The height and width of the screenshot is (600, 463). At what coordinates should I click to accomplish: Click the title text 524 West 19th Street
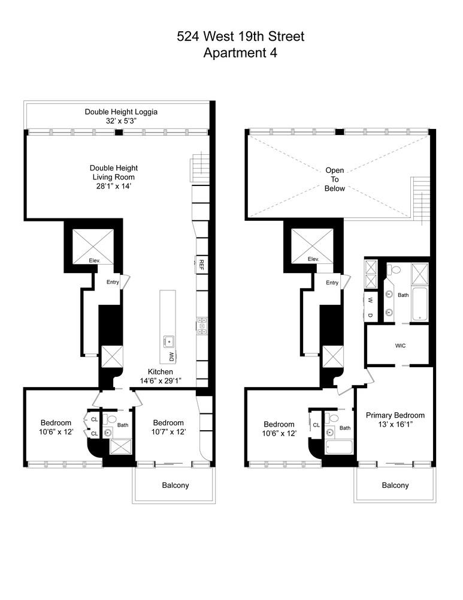(240, 37)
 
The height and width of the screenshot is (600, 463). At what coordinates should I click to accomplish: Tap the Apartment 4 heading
(240, 53)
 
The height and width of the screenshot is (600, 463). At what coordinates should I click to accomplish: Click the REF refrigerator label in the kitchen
(202, 263)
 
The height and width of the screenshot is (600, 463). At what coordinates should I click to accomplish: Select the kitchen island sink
(169, 342)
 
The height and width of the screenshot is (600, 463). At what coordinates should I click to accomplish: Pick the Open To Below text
(335, 179)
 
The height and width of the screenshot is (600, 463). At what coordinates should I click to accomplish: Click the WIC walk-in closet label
(400, 346)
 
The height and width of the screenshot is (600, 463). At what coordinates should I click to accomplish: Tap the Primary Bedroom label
(395, 415)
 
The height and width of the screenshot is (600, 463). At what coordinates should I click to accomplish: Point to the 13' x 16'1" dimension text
(395, 425)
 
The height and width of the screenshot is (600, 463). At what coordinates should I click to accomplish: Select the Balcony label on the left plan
(175, 485)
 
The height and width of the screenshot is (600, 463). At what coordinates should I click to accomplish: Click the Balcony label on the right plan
(395, 485)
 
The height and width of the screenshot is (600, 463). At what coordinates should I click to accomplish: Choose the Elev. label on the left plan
(94, 260)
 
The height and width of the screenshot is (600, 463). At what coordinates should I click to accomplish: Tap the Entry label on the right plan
(332, 283)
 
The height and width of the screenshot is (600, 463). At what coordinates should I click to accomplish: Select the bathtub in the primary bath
(419, 303)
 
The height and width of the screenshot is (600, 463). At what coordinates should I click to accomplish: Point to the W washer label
(371, 299)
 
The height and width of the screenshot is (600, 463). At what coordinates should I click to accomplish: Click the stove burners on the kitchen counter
(202, 325)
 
